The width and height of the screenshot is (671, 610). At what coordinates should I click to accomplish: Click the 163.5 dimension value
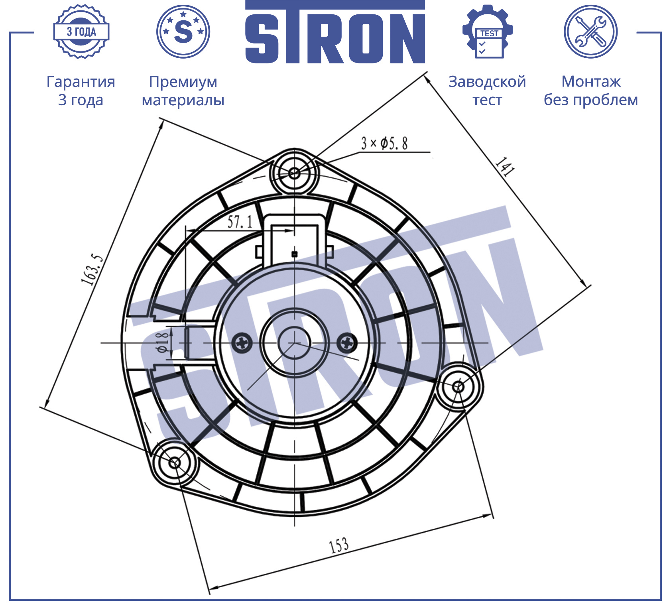92,270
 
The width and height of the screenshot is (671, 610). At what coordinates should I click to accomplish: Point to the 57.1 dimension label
240,222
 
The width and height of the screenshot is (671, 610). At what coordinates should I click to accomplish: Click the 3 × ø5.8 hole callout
384,143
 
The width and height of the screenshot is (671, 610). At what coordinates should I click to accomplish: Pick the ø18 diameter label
163,342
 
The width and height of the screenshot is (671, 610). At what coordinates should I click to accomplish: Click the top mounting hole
294,173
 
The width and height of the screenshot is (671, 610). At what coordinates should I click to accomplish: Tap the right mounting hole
458,386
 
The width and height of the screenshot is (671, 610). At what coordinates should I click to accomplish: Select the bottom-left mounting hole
174,462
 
